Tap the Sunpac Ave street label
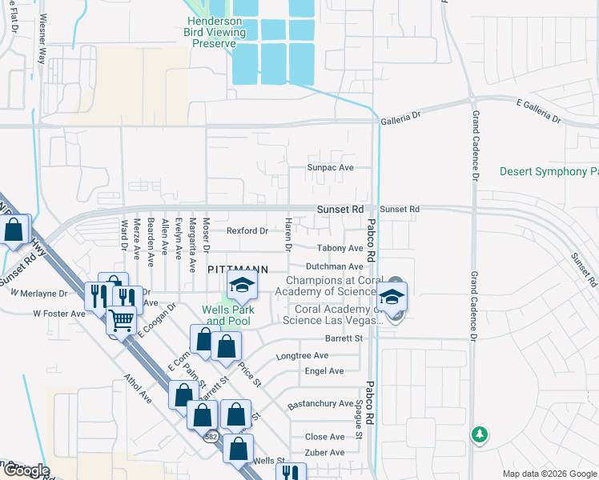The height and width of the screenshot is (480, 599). tap(331, 168)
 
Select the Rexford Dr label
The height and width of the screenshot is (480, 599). tap(247, 231)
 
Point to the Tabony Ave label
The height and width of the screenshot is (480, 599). tap(340, 249)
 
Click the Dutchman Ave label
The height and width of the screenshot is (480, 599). tap(335, 266)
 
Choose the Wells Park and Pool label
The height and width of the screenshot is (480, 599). tap(226, 315)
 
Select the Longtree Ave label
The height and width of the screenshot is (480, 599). tap(302, 355)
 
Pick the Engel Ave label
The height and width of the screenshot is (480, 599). tap(324, 371)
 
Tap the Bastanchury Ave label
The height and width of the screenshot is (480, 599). tap(320, 404)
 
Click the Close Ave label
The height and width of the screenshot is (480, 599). tap(324, 437)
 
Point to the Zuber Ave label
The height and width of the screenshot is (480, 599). tap(324, 453)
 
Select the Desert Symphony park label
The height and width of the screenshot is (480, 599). tap(549, 172)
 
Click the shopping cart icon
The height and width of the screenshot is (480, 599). tap(121, 320)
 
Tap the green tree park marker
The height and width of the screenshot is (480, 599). tap(480, 434)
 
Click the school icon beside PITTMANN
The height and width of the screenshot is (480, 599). tap(241, 284)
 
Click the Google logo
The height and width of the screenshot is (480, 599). tap(26, 471)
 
